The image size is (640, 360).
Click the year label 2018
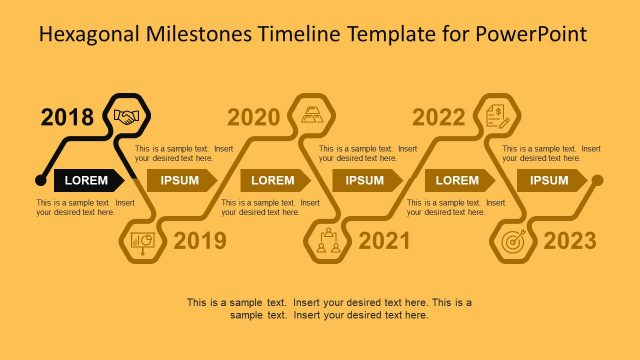[x=67, y=118]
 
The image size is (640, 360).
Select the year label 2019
[x=200, y=241]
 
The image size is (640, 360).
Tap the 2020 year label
[x=254, y=118]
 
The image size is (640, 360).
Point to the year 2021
[x=385, y=241]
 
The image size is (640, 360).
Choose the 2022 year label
[x=439, y=118]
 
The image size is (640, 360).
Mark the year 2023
[x=570, y=241]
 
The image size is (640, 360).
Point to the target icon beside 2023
[x=512, y=242]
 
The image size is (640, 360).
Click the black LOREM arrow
[x=88, y=180]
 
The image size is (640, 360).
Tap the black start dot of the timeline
[x=40, y=180]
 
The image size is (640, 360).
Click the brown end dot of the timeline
[x=597, y=180]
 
